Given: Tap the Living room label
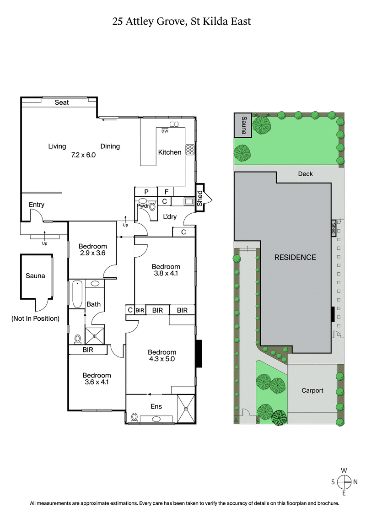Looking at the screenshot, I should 57,146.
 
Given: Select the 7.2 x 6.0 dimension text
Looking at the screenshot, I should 83,155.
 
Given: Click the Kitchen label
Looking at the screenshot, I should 170,152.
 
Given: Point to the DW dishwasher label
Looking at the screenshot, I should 165,131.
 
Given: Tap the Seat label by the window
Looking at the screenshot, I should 62,103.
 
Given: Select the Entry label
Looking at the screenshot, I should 36,205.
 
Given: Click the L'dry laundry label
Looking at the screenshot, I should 170,216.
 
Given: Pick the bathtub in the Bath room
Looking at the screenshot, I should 76,294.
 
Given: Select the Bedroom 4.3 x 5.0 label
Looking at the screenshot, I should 162,356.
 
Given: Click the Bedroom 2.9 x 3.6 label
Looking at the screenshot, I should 92,250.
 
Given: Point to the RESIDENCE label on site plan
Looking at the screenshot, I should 295,257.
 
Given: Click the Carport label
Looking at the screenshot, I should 312,390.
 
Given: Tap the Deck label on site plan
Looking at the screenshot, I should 305,173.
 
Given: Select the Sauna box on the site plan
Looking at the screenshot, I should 243,125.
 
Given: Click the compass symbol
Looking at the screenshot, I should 343,481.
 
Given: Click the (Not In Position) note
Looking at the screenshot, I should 35,318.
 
